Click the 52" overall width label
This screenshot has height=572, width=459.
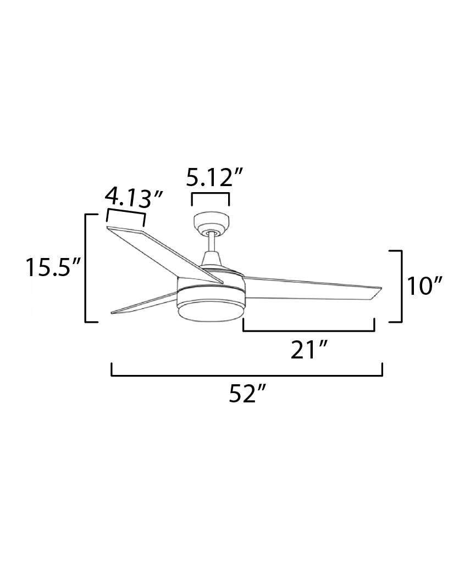click(x=247, y=394)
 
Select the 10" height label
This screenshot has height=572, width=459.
click(x=425, y=287)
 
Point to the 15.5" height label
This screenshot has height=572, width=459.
click(x=53, y=268)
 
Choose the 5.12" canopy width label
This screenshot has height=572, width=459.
click(x=214, y=178)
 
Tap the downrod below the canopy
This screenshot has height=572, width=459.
click(x=211, y=242)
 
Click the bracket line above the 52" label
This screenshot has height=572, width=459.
click(x=247, y=375)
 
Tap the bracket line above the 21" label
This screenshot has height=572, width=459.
click(x=308, y=331)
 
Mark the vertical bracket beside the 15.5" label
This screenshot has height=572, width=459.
click(x=86, y=268)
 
